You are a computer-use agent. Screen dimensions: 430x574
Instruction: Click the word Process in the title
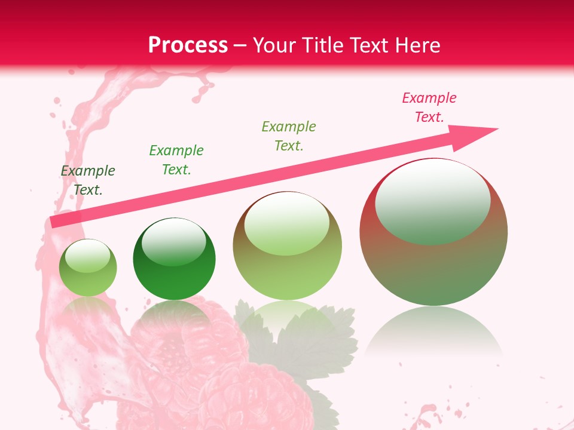point(188,45)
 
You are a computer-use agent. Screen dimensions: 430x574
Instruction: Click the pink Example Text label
point(429,107)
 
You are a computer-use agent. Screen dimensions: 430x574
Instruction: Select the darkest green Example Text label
point(88,180)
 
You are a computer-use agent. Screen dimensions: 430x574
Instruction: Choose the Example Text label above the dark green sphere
point(176,160)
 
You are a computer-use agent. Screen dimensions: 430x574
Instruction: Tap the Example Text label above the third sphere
point(289,136)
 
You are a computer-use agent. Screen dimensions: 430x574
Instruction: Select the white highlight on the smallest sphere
point(87,256)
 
